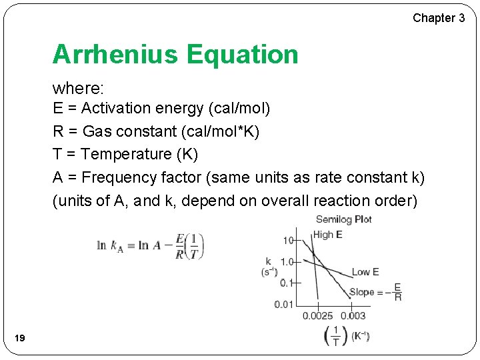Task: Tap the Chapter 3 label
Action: coord(439,18)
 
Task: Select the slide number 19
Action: coord(19,339)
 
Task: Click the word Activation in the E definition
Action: coord(117,108)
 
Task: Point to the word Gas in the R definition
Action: coord(95,131)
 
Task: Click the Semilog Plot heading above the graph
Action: coord(344,219)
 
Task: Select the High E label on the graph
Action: coord(327,234)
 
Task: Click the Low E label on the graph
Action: coord(365,271)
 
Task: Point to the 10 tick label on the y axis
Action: coord(288,240)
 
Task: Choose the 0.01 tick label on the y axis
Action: coord(283,305)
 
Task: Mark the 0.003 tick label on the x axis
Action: coord(353,316)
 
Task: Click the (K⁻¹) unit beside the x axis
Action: coord(361,336)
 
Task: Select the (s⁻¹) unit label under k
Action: coord(269,272)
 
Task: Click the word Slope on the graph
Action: coord(362,292)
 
